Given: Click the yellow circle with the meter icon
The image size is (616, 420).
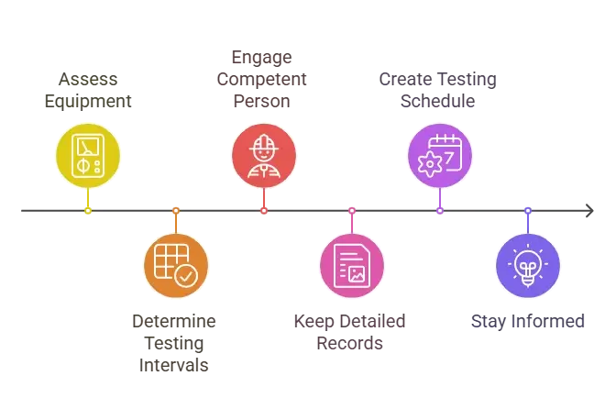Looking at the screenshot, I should point(88,156).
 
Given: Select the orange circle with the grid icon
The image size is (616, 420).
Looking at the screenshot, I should point(176,266).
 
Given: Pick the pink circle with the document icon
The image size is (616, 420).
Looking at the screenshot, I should point(351,266).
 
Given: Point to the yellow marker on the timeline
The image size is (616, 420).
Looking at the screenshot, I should point(88,210).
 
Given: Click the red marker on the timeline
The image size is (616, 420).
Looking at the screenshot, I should point(264,210).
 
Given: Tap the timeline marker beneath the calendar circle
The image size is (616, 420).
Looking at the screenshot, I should point(440,210).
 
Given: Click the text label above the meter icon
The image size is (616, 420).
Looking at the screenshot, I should point(88,90).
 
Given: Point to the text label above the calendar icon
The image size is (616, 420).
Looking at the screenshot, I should point(436,90).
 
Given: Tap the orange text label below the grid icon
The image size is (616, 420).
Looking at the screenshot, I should point(176,343).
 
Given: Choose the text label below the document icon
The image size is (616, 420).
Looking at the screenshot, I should point(351,332).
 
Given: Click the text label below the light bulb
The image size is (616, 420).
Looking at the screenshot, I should point(527,322).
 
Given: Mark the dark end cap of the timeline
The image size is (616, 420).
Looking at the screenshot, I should point(586,210).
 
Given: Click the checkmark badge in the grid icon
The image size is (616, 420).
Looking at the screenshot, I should point(186,275).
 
